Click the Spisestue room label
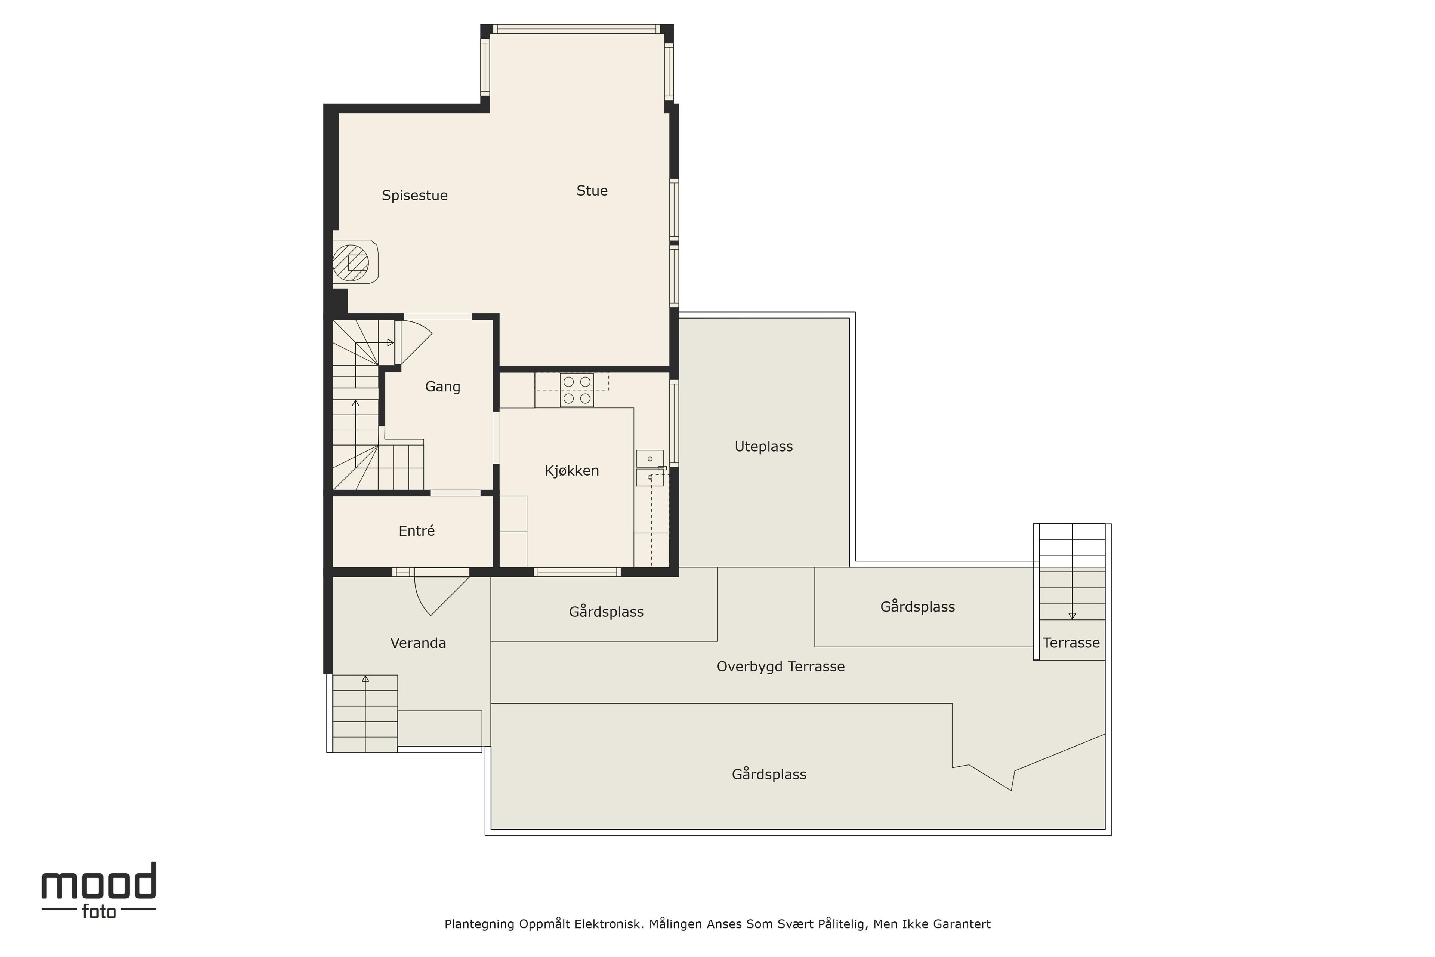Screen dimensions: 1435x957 414,195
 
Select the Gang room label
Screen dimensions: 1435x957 442,386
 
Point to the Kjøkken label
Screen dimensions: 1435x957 572,471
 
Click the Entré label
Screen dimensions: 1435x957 417,531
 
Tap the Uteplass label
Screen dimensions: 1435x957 763,447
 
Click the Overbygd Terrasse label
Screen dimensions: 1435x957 780,667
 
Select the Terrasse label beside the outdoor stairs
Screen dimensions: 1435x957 1071,643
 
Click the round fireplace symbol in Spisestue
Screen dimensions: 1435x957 351,262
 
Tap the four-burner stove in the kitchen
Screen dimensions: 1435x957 577,390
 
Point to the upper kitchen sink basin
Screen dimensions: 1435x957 650,458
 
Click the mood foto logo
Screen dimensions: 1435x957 99,890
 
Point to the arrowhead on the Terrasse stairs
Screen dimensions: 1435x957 1072,616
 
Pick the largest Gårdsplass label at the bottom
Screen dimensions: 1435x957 769,775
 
